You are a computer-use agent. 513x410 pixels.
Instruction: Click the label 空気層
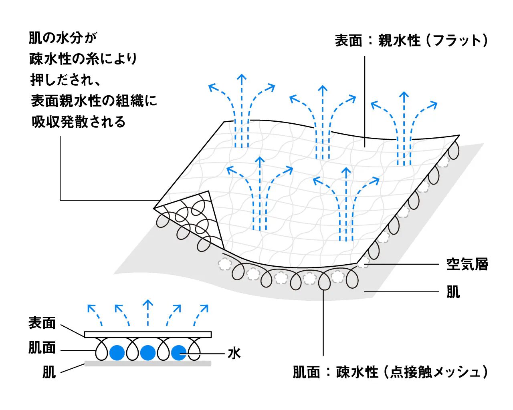467,265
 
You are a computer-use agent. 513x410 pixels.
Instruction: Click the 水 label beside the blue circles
234,353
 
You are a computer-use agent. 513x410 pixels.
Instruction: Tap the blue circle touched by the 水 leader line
178,353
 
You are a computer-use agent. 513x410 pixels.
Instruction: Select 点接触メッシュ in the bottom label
435,372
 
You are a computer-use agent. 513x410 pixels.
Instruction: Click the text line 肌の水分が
63,38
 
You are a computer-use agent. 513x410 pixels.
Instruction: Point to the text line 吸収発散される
79,122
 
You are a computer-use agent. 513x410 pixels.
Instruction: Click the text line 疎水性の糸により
83,59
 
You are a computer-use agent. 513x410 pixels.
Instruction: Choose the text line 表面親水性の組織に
94,101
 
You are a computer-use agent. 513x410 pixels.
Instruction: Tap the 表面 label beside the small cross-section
42,323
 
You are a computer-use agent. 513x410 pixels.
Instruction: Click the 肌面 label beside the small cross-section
42,348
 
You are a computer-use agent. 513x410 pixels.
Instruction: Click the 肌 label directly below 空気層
453,292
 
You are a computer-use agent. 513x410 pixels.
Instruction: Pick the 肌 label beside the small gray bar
49,372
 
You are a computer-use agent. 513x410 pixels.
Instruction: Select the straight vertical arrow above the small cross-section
148,313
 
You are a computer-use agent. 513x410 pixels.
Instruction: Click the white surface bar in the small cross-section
147,334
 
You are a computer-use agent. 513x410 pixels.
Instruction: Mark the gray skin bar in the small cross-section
147,364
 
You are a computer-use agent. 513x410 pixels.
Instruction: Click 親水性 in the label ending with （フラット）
399,40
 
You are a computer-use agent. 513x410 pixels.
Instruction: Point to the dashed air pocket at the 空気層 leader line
364,264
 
